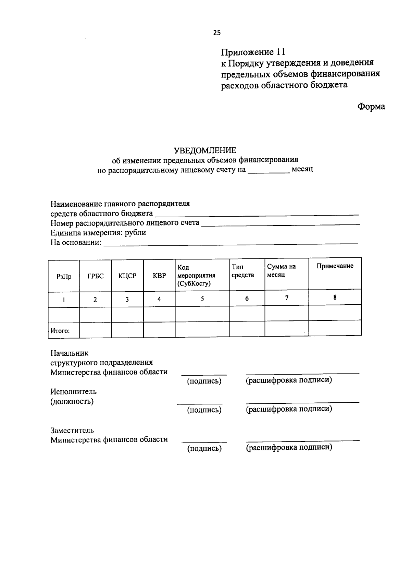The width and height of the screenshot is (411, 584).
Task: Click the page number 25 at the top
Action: tap(217, 33)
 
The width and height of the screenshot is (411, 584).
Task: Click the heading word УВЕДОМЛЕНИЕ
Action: tap(205, 150)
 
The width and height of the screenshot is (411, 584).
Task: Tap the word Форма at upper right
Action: tap(371, 107)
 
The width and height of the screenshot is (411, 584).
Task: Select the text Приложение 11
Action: tap(253, 52)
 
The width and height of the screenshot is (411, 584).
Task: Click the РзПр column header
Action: tap(64, 277)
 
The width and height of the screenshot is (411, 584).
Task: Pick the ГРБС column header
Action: tap(95, 276)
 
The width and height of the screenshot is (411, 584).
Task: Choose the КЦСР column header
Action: tap(127, 276)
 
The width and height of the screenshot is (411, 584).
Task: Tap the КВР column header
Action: tap(159, 276)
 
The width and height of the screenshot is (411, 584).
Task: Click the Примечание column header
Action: tap(335, 266)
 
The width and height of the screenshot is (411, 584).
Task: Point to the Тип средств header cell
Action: tap(243, 271)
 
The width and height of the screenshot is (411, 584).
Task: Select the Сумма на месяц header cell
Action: tap(281, 271)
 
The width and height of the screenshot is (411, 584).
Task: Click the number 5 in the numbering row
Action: tap(202, 299)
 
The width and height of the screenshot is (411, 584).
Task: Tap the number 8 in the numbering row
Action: tap(335, 297)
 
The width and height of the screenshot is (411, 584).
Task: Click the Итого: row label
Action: tap(60, 331)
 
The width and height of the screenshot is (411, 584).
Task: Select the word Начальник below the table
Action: tap(70, 353)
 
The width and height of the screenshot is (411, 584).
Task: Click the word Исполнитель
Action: tap(74, 391)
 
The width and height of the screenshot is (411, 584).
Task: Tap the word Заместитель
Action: tap(72, 430)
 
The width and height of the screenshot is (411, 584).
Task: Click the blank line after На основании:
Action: tap(230, 244)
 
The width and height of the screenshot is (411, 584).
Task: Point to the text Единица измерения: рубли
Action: tap(98, 233)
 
